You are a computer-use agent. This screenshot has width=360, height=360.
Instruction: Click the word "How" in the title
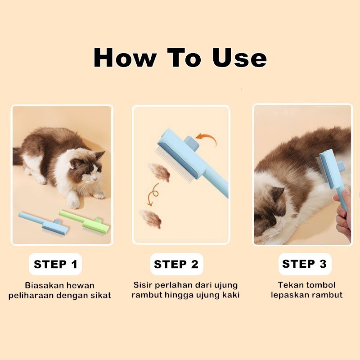click(x=125, y=58)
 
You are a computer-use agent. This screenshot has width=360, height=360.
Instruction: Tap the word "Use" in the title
click(x=239, y=58)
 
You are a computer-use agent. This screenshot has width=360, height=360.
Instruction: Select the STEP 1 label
click(x=55, y=264)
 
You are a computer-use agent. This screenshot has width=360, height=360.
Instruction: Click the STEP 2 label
click(x=176, y=264)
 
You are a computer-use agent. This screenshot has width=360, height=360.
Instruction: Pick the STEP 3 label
click(x=305, y=264)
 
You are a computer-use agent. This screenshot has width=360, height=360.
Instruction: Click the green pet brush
click(x=85, y=221)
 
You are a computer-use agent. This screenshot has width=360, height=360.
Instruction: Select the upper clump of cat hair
click(x=159, y=172)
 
